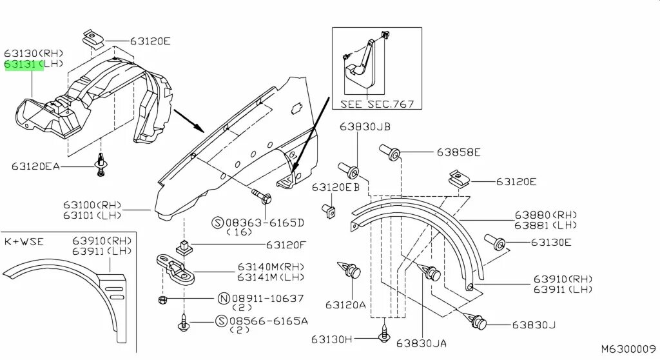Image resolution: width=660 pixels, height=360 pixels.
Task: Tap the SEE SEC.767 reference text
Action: [x=377, y=104]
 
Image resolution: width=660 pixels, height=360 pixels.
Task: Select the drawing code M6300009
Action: [x=628, y=349]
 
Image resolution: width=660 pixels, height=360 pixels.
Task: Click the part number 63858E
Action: [x=458, y=153]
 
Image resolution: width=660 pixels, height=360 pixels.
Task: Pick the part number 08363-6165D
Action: [x=266, y=223]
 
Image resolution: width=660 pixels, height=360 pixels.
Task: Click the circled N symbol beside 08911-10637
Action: [x=224, y=299]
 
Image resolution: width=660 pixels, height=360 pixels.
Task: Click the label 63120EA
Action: [x=35, y=166]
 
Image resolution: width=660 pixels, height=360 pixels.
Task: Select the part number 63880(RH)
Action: [x=545, y=215]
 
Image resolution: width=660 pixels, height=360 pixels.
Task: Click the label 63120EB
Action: [x=336, y=187]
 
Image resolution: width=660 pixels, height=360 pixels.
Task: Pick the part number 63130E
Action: [x=551, y=243]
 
